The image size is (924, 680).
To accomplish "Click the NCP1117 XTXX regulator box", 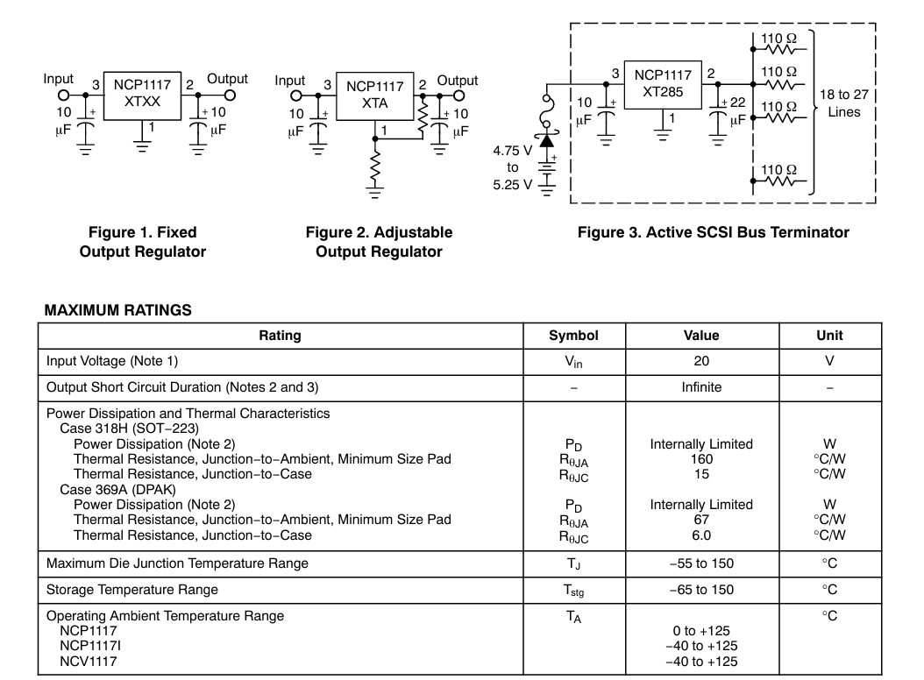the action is pyautogui.click(x=142, y=96).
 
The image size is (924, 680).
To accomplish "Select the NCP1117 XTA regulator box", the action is pyautogui.click(x=375, y=96).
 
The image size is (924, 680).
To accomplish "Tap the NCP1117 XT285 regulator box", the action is pyautogui.click(x=663, y=85).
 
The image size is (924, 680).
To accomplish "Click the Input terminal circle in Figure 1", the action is pyautogui.click(x=64, y=96).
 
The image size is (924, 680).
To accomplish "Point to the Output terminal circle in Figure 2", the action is pyautogui.click(x=458, y=96).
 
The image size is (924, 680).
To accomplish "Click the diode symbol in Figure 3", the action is pyautogui.click(x=547, y=140).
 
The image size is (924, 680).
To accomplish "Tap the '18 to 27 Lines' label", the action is pyautogui.click(x=844, y=103).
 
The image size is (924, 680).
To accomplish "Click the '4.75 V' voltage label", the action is pyautogui.click(x=512, y=151).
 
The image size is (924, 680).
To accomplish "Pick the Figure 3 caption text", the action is pyautogui.click(x=713, y=232).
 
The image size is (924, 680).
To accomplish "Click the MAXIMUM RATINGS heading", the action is pyautogui.click(x=117, y=310).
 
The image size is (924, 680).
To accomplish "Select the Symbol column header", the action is pyautogui.click(x=573, y=336).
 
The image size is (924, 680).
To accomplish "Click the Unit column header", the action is pyautogui.click(x=829, y=336).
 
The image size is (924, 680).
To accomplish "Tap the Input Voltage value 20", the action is pyautogui.click(x=701, y=361).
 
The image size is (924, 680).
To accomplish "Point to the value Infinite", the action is pyautogui.click(x=701, y=387).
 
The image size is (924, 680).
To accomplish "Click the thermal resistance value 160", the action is pyautogui.click(x=701, y=459).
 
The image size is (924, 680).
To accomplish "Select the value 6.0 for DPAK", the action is pyautogui.click(x=701, y=535).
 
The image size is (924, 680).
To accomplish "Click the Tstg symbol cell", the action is pyautogui.click(x=573, y=591).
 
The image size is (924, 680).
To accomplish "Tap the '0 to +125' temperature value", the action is pyautogui.click(x=701, y=631).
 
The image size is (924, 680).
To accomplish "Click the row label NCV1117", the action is pyautogui.click(x=89, y=661).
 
